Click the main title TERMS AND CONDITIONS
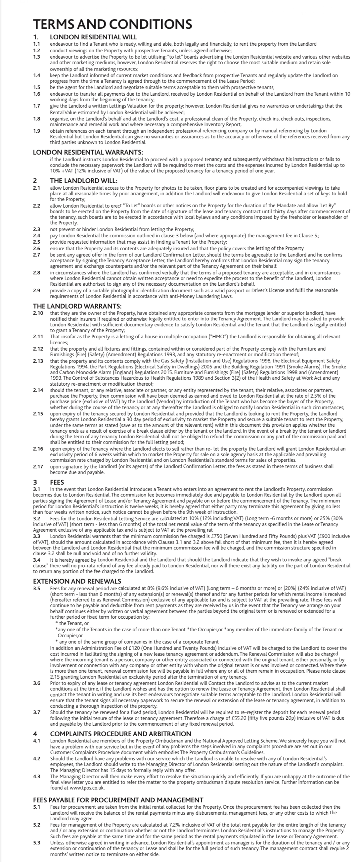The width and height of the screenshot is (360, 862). coord(112,24)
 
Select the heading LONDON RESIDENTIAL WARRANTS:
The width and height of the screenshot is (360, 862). coord(88,153)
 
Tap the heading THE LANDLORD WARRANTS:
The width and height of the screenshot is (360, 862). coord(77,306)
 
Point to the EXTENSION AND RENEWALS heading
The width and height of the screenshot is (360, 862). coord(77,581)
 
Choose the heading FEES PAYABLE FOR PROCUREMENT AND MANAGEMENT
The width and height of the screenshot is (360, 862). coord(118,800)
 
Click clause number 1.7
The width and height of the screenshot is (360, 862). coord(37,106)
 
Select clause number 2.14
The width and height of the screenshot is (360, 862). coord(38,390)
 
